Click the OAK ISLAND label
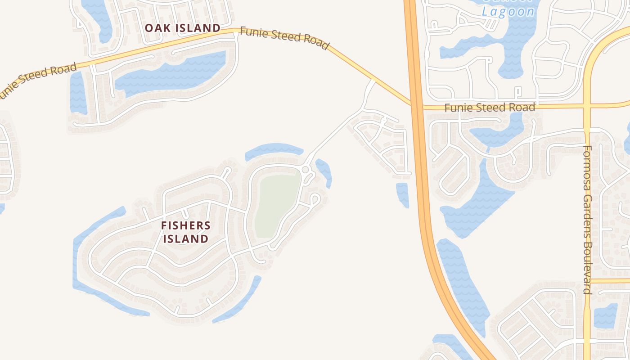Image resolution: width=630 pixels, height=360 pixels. coord(182,28)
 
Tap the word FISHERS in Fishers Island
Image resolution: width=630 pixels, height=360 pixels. coord(186,225)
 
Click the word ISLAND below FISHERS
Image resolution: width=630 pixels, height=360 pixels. coord(186,238)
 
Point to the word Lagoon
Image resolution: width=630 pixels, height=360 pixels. coord(508,12)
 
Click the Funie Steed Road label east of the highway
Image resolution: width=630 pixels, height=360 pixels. coord(490,108)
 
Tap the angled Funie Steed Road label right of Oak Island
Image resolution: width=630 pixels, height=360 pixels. coord(284,38)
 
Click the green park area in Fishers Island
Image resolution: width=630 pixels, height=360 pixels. coord(277,205)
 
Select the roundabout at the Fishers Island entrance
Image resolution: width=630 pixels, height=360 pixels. coord(306,170)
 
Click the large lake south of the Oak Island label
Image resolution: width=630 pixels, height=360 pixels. coord(171,74)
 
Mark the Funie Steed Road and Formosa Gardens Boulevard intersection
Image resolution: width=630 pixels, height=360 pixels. coord(587,106)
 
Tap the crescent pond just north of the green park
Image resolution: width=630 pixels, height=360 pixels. coord(274,150)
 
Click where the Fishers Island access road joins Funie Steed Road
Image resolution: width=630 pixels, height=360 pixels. coord(372,81)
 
